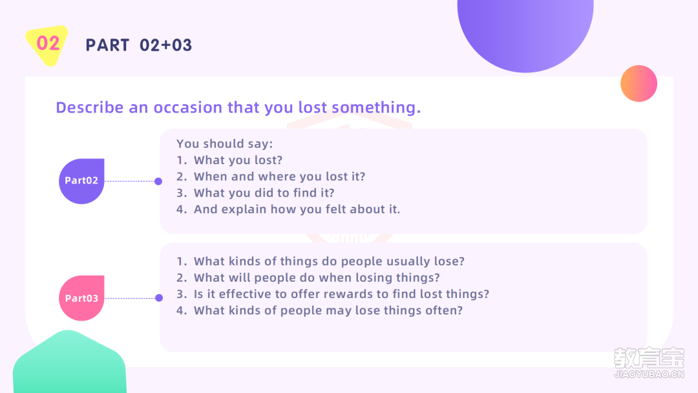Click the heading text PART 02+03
tap(139, 45)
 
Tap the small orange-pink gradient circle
tap(639, 83)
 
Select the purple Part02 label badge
tap(81, 181)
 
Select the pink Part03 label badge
tap(81, 298)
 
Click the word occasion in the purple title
tap(188, 107)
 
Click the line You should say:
tap(224, 143)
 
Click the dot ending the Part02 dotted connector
tap(158, 181)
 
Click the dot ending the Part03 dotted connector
tap(159, 298)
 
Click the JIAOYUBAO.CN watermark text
tap(649, 374)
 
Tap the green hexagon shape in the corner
tap(69, 363)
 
